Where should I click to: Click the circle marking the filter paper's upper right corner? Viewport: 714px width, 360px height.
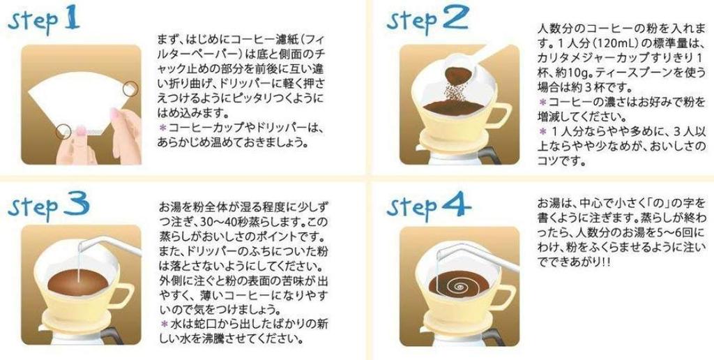130,89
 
